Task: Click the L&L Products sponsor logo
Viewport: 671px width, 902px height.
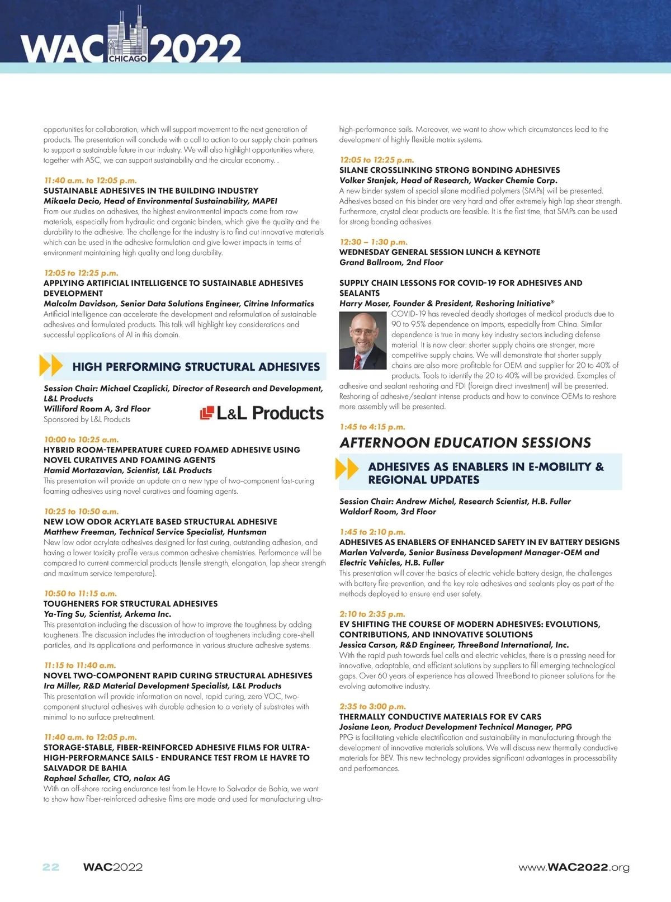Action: pos(262,413)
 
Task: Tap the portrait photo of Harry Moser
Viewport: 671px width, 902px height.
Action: pos(362,341)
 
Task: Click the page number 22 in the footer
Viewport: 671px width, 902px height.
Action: pos(51,867)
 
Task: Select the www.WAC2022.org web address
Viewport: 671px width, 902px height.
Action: pos(574,867)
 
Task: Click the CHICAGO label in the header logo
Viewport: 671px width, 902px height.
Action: pos(128,58)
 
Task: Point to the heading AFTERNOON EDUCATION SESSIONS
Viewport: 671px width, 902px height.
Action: pos(465,443)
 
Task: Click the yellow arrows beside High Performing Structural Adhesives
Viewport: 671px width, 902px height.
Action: pos(51,366)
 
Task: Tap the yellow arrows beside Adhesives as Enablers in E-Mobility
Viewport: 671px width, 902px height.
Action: pos(347,469)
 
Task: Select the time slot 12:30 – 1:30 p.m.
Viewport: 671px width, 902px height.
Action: pos(373,242)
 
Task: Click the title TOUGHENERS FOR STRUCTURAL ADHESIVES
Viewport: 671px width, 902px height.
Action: pos(131,604)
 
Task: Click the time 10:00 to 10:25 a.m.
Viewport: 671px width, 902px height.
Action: pos(81,440)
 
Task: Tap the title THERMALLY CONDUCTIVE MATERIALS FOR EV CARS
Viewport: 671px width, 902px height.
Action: pos(440,717)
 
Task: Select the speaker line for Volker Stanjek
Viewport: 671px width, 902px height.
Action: pos(448,181)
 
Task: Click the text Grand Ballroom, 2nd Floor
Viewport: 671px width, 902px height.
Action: pos(391,262)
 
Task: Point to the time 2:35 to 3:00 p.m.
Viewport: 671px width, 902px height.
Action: pos(372,706)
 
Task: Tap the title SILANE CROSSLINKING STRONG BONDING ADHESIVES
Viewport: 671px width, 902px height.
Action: pos(449,170)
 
